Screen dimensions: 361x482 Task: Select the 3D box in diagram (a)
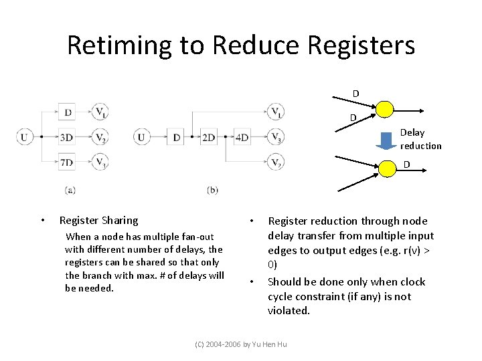pos(66,138)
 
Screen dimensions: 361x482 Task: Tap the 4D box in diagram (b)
pos(242,138)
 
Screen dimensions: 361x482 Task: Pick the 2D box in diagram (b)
pos(209,138)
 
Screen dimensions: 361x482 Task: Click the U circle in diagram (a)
pos(25,138)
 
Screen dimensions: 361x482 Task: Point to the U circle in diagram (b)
pos(141,138)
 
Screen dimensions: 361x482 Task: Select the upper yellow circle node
pos(384,109)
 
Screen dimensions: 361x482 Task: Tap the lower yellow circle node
pos(388,168)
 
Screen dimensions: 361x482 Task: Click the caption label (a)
pos(70,190)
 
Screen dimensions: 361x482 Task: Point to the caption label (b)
pos(212,190)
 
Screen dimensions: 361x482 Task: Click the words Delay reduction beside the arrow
pos(420,139)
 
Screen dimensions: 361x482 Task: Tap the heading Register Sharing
pos(98,220)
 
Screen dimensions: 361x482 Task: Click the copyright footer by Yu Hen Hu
pos(240,344)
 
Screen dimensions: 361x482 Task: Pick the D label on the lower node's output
pos(406,164)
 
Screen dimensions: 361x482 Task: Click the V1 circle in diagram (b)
pos(275,112)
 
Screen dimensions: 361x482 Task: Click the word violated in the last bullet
pos(289,311)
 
